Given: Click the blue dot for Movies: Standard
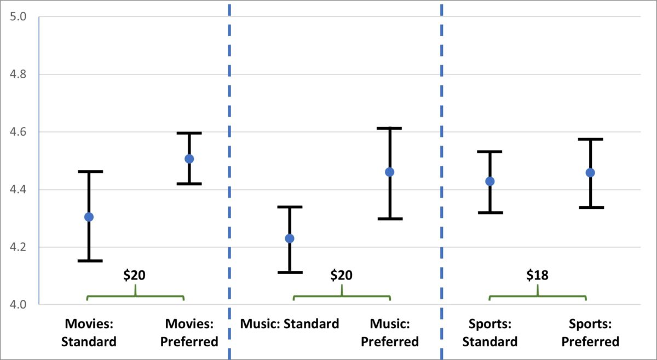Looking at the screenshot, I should tap(89, 217).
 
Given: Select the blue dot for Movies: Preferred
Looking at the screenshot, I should tap(189, 159).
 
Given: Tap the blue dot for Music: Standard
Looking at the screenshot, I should tap(289, 239).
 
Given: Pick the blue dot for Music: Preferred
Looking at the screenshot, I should tap(389, 172).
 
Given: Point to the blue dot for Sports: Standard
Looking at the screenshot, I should tap(489, 181).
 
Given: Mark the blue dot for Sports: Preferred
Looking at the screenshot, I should tap(590, 172).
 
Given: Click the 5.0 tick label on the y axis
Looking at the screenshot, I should tap(18, 17).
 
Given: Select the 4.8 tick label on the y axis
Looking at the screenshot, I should tap(18, 74).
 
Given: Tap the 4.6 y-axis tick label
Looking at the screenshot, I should tap(18, 132).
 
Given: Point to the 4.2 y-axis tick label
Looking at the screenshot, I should tap(18, 247).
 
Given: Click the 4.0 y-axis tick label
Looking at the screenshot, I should tap(18, 305).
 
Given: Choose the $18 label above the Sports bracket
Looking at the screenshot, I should tap(537, 275).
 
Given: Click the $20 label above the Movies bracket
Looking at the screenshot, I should tap(134, 275).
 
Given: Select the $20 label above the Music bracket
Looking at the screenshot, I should tap(341, 275).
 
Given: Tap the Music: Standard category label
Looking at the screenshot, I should tap(290, 324).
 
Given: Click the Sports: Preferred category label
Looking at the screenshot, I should tap(590, 333).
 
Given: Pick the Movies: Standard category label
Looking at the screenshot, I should tap(89, 333).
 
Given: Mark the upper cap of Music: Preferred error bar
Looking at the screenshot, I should tap(389, 128).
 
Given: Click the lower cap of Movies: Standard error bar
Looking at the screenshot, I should tap(89, 260).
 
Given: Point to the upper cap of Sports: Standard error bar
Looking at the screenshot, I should tap(489, 152).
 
